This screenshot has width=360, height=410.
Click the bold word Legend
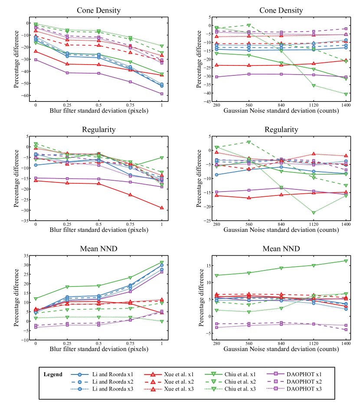click(x=53, y=374)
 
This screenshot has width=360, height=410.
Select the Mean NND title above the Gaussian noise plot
click(x=281, y=249)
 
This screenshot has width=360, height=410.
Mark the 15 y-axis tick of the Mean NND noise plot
click(x=209, y=265)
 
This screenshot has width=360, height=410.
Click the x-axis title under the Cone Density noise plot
click(x=281, y=111)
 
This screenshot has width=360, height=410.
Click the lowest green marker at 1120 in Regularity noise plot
click(x=314, y=212)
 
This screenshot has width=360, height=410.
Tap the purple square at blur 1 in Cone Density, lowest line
click(x=162, y=94)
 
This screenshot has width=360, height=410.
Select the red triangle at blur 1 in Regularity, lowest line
click(x=162, y=208)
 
